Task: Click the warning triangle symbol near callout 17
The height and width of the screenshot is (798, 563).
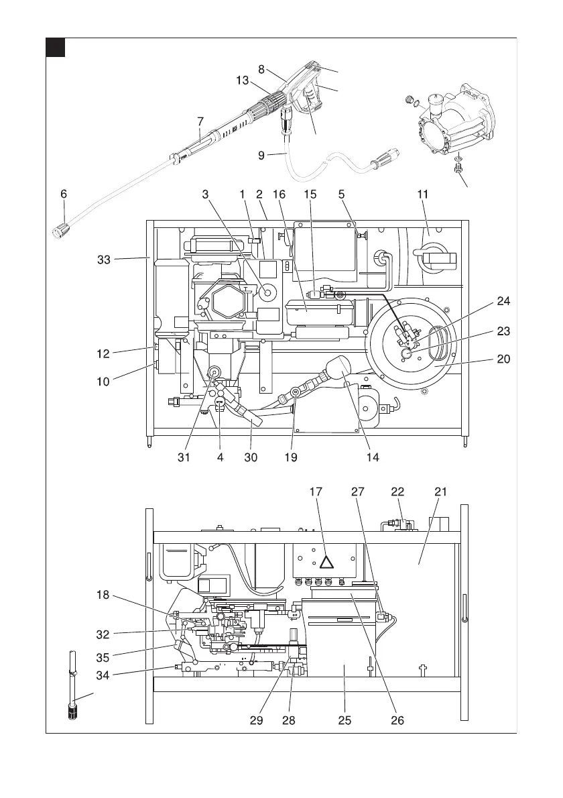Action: (326, 562)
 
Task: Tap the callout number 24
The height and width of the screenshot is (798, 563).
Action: (503, 301)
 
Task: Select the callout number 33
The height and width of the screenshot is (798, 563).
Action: (104, 260)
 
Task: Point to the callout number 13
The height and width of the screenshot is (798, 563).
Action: (243, 80)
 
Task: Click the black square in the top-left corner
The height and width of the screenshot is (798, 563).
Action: (56, 48)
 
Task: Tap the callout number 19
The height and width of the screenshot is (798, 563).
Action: (291, 457)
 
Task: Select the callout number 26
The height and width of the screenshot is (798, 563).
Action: (397, 720)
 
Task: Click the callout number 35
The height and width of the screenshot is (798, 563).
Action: (103, 657)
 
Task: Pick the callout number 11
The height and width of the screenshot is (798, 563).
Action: (423, 194)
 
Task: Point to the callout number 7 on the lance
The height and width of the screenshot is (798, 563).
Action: (200, 121)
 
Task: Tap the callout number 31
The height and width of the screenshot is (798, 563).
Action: (184, 457)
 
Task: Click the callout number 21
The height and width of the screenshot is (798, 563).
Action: (440, 492)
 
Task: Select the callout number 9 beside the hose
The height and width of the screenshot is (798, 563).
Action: (261, 155)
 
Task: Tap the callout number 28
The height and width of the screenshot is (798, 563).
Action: (289, 720)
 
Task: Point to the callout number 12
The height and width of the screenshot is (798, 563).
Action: (103, 353)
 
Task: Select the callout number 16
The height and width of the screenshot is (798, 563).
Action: (279, 194)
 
